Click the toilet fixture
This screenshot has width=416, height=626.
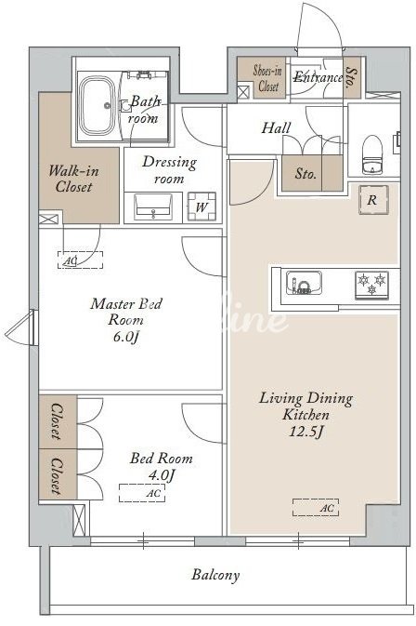pos(372,154)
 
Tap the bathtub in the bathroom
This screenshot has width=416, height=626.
pos(97,106)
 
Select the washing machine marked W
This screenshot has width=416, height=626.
pos(201,206)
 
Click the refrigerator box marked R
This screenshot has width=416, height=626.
pos(372,200)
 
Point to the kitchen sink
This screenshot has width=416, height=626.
pos(304,283)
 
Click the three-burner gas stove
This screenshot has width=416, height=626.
pos(371,285)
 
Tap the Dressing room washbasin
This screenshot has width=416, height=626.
pos(153,206)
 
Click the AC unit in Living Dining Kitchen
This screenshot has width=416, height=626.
pos(316,508)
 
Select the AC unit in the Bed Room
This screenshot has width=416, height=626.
pos(142,493)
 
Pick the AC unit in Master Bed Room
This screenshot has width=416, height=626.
pos(81,260)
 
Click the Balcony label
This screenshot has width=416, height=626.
pos(216,575)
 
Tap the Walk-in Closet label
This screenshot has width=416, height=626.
pos(73,179)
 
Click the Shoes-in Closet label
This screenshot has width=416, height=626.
pos(267,78)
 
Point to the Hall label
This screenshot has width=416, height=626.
pos(276,128)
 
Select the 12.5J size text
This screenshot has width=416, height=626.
pos(306,432)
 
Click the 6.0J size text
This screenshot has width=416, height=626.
pos(126,337)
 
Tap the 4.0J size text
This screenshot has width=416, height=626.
pos(162,475)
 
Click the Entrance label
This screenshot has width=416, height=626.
pos(318,77)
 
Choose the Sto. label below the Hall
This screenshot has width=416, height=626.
pos(305,174)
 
